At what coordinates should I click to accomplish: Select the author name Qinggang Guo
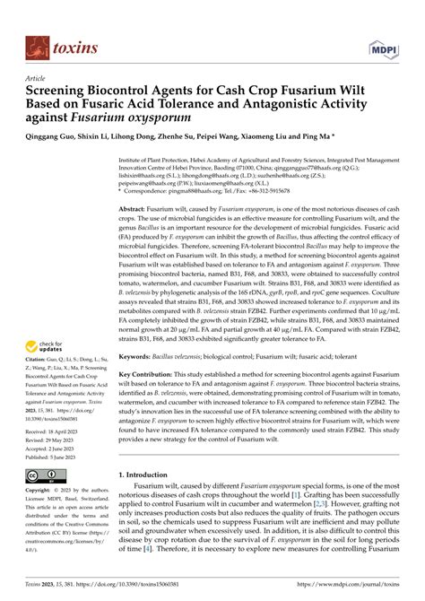click(x=59, y=141)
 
